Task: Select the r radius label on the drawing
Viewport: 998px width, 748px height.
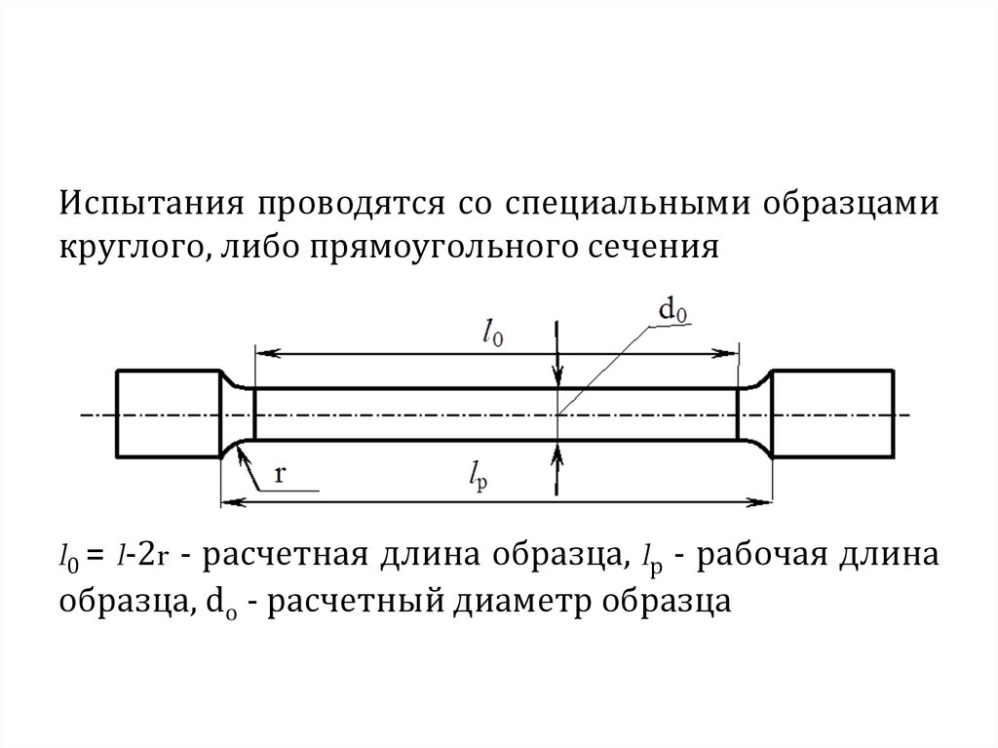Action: click(x=281, y=475)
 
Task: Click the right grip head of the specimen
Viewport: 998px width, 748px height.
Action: click(x=832, y=413)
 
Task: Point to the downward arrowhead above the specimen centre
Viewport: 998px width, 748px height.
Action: click(x=557, y=380)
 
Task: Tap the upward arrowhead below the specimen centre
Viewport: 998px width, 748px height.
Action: click(x=557, y=450)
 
